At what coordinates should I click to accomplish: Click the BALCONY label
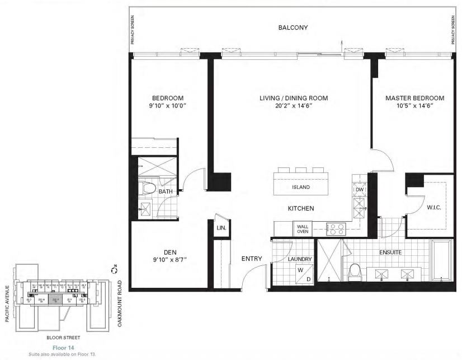293,27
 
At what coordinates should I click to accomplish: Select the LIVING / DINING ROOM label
293,98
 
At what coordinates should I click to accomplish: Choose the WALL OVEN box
303,228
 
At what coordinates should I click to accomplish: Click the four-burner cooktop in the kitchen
336,228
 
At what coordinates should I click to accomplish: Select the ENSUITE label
390,253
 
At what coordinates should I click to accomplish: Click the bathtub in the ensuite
441,261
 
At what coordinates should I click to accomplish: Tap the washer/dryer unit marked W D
303,275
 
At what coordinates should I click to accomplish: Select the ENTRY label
252,259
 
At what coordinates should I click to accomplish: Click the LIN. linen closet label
221,228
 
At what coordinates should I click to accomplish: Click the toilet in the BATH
149,188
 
